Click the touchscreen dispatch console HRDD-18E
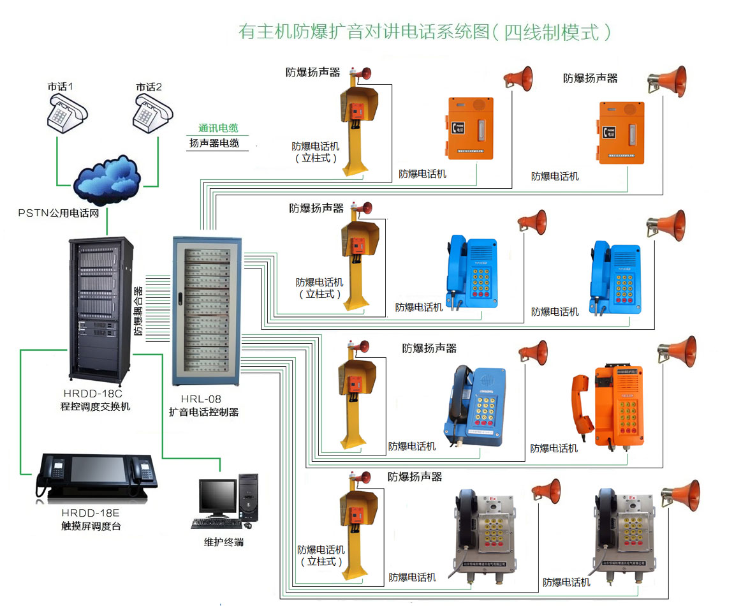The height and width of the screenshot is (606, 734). [x=96, y=475]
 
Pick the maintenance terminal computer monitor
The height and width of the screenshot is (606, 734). [x=217, y=499]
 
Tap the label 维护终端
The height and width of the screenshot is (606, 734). [x=223, y=542]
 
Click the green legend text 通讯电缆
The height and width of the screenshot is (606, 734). [x=218, y=128]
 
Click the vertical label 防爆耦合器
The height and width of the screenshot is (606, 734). [x=138, y=311]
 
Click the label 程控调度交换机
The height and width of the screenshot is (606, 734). [x=92, y=406]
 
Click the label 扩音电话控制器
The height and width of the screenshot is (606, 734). [x=203, y=412]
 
